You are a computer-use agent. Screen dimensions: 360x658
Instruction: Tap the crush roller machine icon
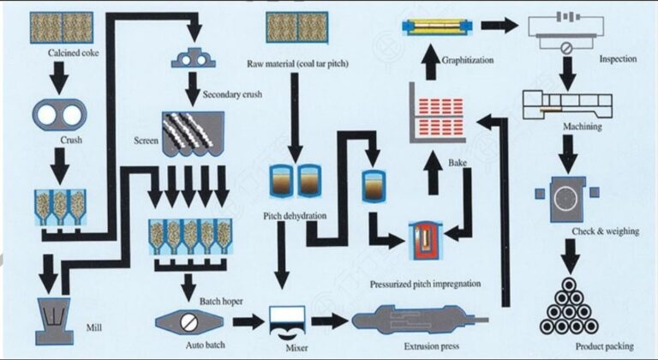(56, 113)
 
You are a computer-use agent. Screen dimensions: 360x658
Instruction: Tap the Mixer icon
(287, 321)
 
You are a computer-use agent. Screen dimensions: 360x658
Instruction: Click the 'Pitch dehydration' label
(294, 217)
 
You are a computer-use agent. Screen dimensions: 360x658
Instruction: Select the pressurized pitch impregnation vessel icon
(422, 238)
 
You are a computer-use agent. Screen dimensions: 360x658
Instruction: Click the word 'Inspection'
(618, 59)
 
